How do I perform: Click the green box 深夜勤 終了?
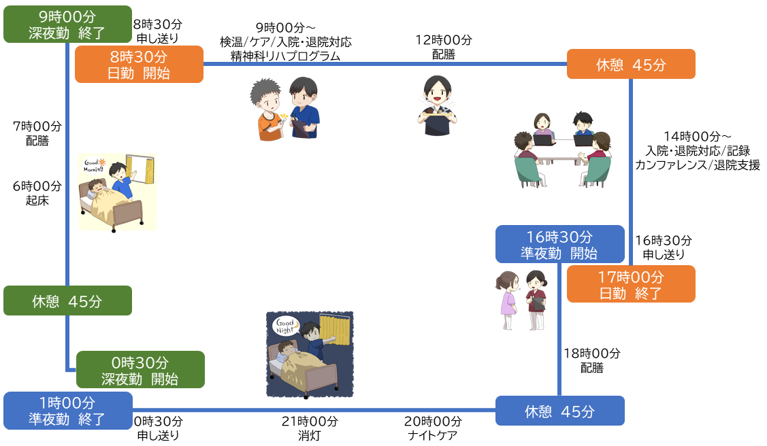[67, 24]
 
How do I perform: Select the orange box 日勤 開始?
[139, 64]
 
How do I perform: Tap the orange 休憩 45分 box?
[631, 64]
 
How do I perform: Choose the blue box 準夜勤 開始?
[559, 244]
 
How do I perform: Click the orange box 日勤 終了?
[631, 284]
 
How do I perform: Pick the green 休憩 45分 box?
[67, 301]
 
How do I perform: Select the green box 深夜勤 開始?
[140, 370]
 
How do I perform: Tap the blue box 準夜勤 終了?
[67, 411]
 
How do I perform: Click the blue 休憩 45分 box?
[559, 411]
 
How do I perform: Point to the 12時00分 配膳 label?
[444, 47]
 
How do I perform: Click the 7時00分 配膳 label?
[37, 133]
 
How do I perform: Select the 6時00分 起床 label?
[37, 192]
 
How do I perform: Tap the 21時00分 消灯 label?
[309, 428]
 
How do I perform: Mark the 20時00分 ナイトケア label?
[434, 428]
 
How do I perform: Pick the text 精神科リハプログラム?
[285, 56]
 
